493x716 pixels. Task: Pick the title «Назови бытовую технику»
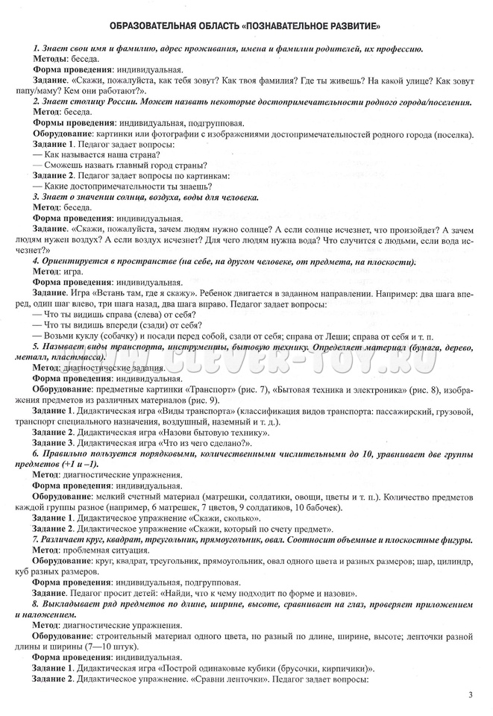coord(200,432)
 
